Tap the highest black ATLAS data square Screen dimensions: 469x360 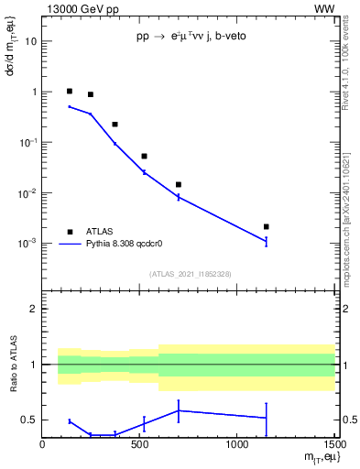coord(70,92)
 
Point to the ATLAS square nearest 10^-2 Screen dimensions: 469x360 coord(179,184)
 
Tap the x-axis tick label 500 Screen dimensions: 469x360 coord(139,446)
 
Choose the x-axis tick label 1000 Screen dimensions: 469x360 coord(236,446)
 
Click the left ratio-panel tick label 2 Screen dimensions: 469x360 coord(34,310)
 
